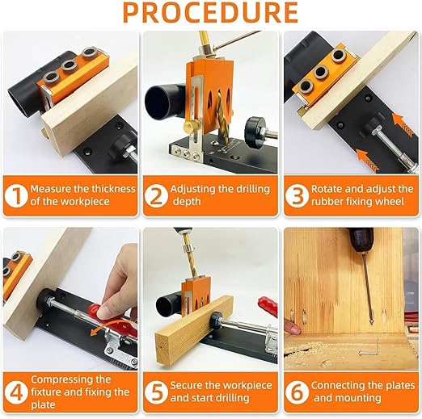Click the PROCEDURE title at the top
(210, 13)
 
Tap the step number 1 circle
(16, 195)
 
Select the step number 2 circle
(156, 195)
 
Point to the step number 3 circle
(298, 195)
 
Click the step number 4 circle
(16, 392)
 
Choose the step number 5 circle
(156, 392)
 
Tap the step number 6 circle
(298, 392)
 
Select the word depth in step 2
(187, 202)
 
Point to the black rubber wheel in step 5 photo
(216, 321)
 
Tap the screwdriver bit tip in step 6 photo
(371, 323)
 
